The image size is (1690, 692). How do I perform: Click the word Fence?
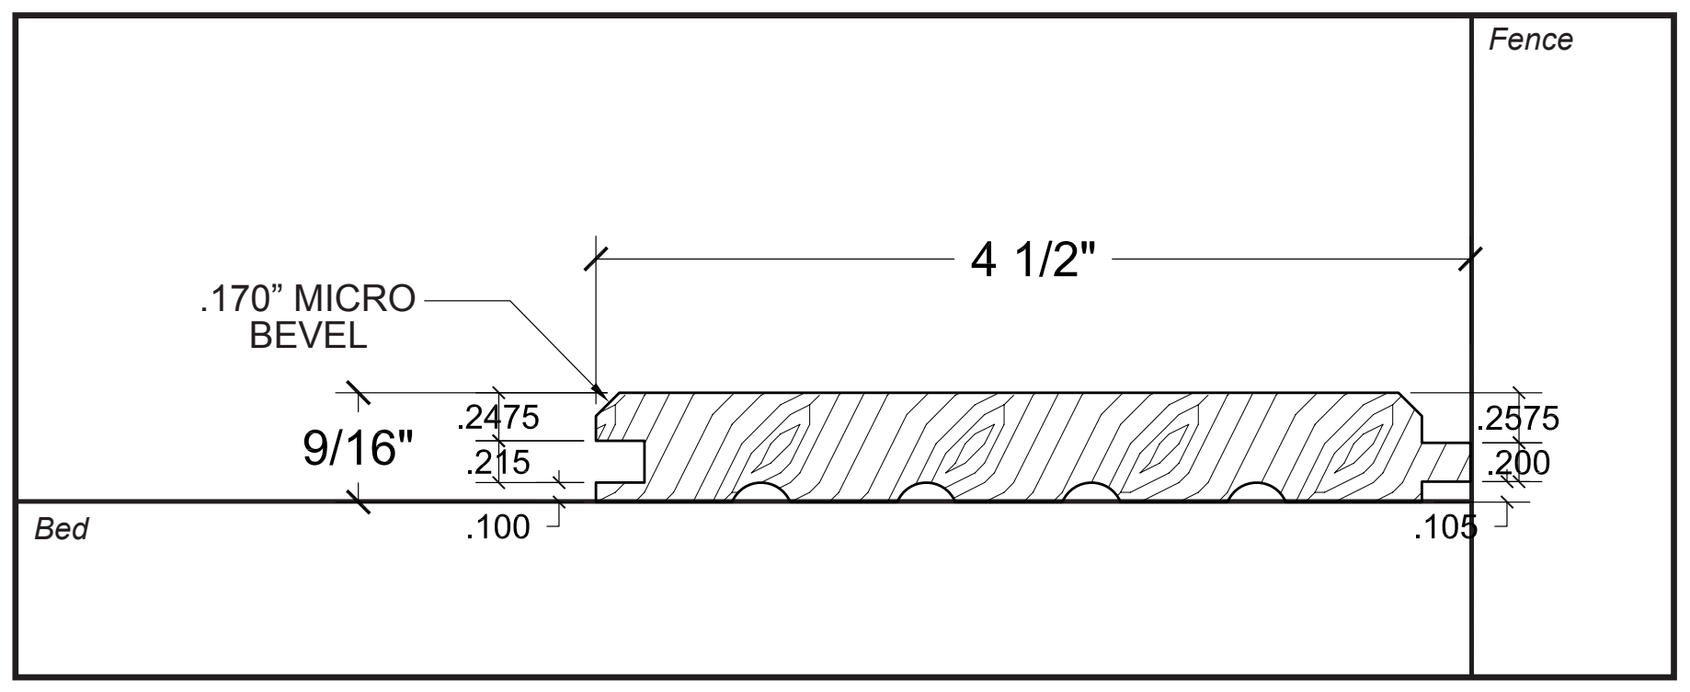pos(1530,40)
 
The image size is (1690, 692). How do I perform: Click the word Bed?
pos(61,530)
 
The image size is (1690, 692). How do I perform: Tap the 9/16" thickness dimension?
pos(359,450)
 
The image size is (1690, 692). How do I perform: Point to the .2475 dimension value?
pos(498,418)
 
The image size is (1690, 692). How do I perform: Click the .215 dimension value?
pos(498,462)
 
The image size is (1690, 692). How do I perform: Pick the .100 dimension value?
pos(498,528)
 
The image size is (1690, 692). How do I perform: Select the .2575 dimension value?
pos(1517,419)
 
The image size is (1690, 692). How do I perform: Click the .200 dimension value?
pos(1517,463)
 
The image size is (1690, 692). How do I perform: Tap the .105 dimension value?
pos(1445,528)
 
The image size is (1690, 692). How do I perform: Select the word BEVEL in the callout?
pos(308,336)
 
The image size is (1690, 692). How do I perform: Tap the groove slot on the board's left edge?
pos(619,461)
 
